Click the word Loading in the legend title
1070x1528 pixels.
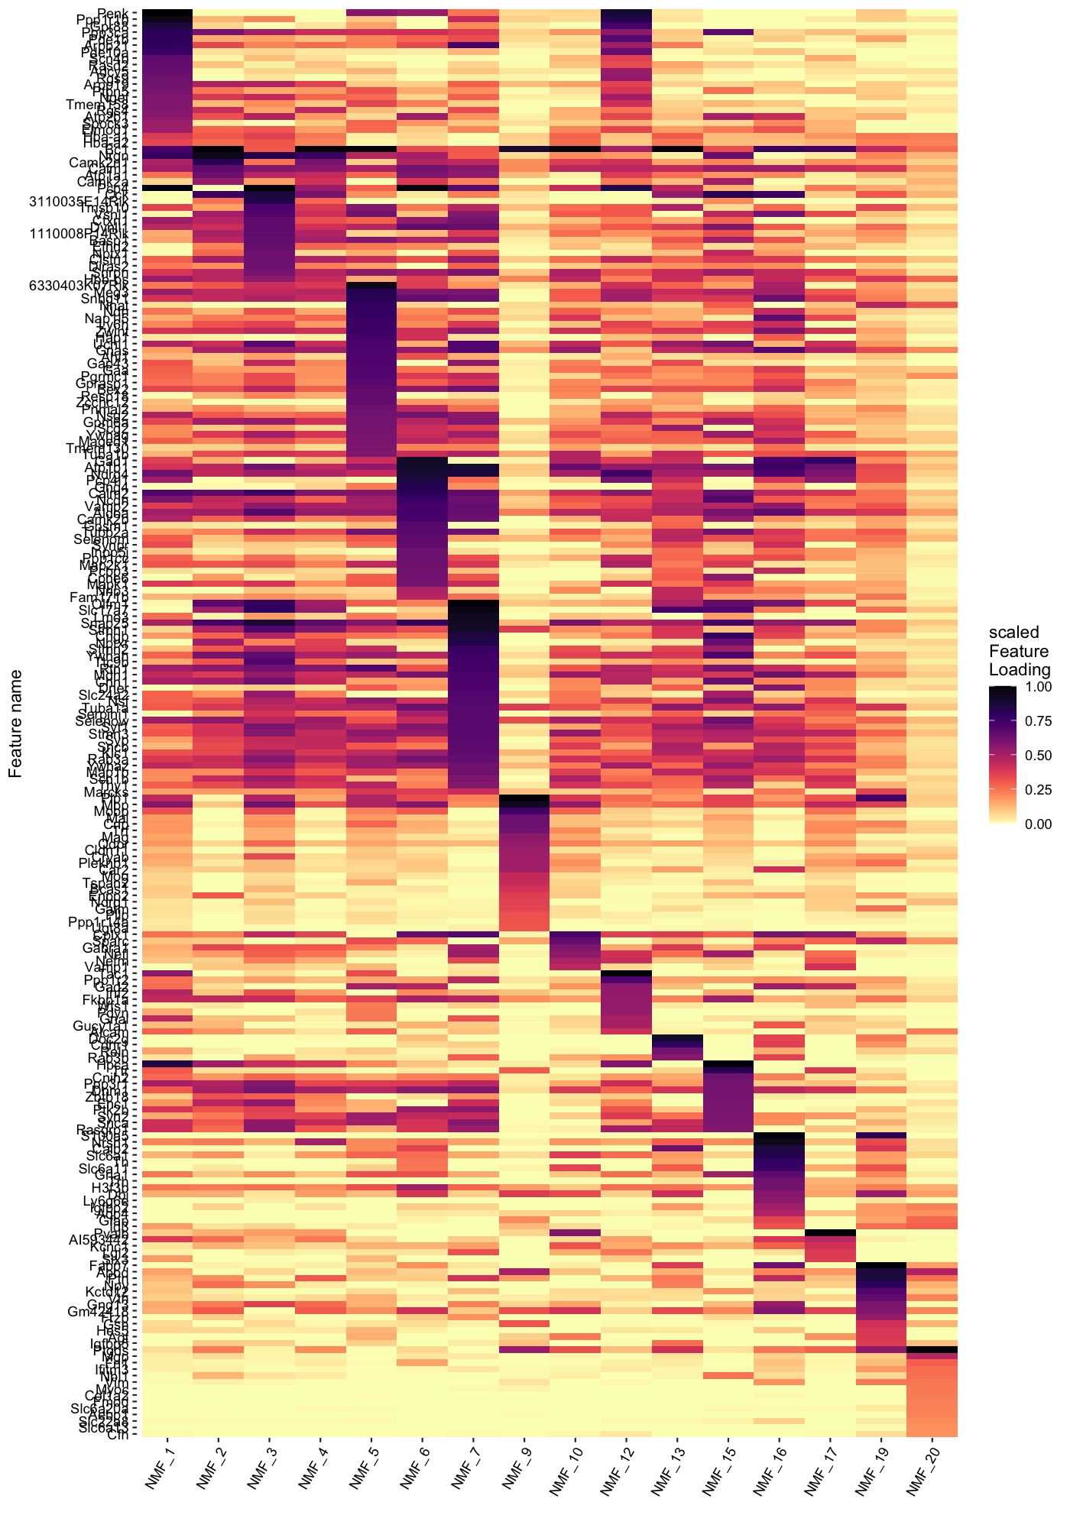[1019, 669]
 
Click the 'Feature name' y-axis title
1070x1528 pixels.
[15, 723]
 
